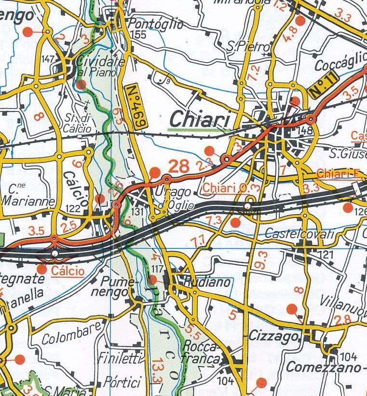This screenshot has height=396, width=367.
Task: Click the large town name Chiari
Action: point(200,119)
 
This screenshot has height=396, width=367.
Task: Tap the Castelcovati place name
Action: point(299,234)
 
